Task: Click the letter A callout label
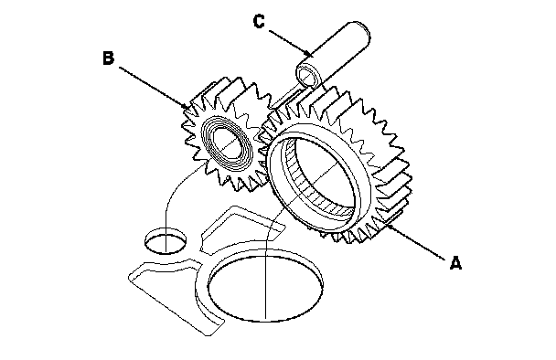[x=455, y=262]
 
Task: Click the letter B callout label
[x=109, y=58]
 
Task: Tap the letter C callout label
[x=259, y=21]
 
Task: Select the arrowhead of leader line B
[x=186, y=106]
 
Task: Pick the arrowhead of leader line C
[x=310, y=54]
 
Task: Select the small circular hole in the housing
[x=166, y=241]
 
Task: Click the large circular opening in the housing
[x=265, y=287]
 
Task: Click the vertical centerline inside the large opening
[x=265, y=287]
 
